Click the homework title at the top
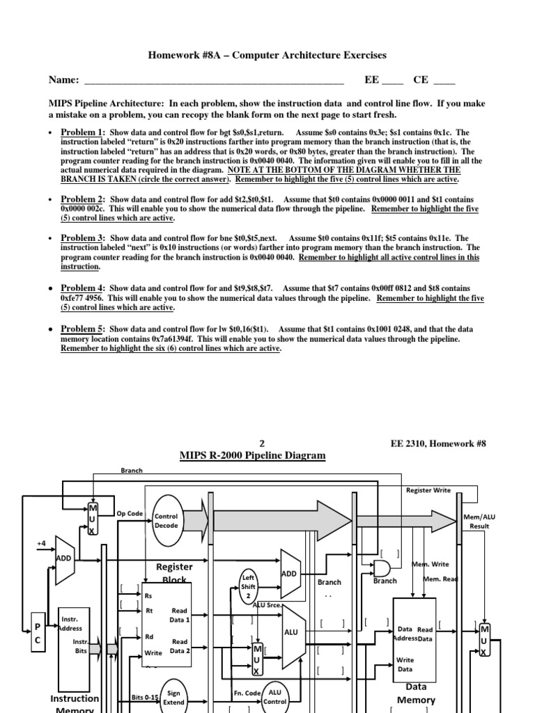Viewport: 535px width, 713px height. pos(267,55)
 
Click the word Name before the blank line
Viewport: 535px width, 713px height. pos(63,81)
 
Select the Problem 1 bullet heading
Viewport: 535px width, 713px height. pos(82,132)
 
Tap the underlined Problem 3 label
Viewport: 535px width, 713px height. pos(82,237)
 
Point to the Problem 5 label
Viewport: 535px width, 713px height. pos(82,329)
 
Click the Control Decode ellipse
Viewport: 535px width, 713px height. pos(166,522)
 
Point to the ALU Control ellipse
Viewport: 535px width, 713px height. pos(275,697)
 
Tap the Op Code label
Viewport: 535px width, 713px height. pos(130,513)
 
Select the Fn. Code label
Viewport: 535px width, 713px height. pos(245,694)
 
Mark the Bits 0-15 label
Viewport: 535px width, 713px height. pos(145,696)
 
